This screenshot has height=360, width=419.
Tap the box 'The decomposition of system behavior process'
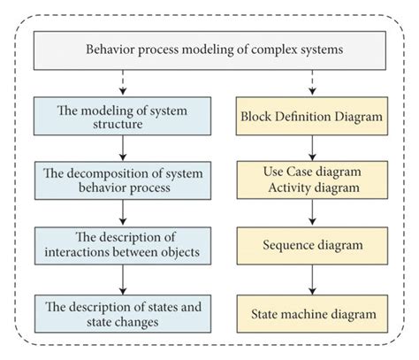(x=123, y=180)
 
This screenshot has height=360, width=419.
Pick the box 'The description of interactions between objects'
(x=123, y=242)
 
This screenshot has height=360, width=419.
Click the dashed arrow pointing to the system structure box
(x=123, y=83)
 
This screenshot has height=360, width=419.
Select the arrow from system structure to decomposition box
(x=123, y=149)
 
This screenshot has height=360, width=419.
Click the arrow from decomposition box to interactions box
(x=123, y=211)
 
